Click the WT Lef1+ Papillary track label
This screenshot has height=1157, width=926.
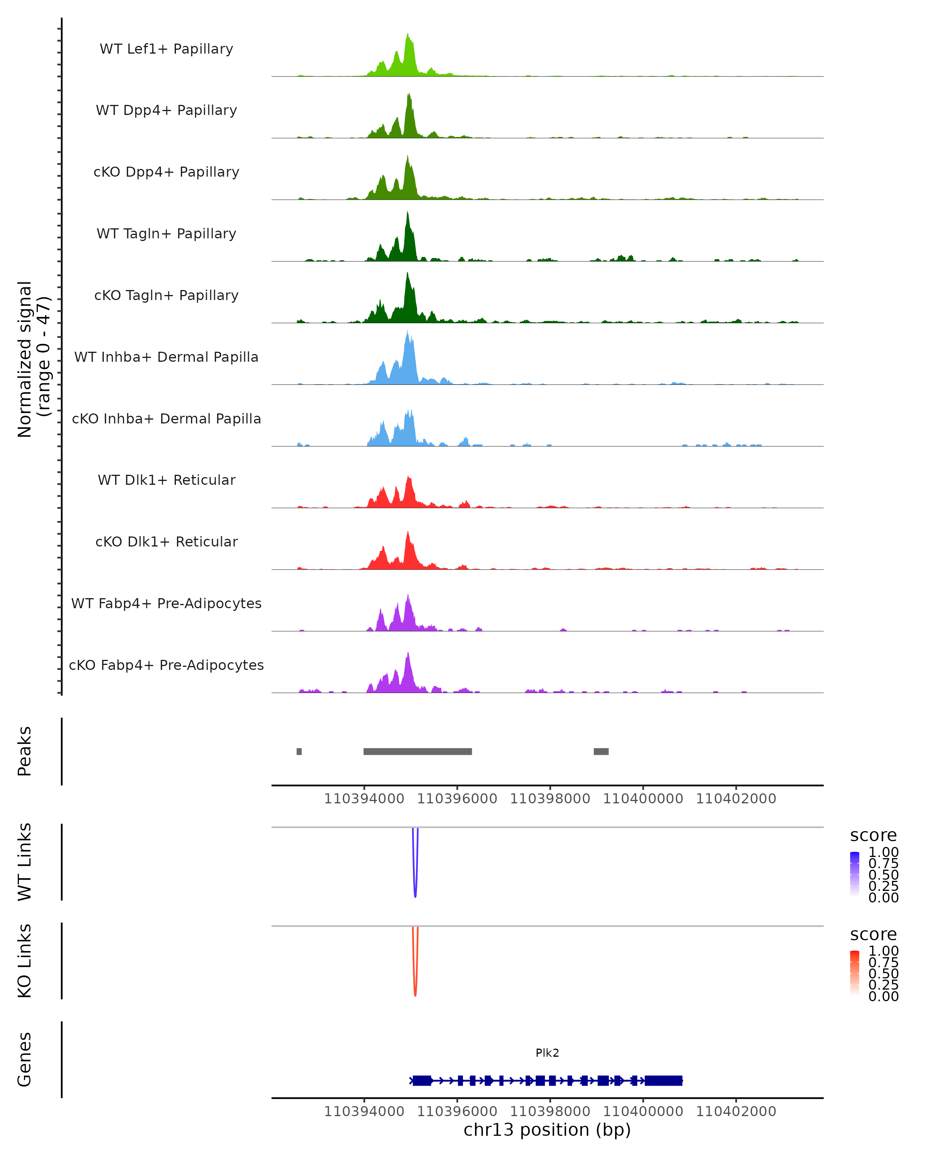[166, 49]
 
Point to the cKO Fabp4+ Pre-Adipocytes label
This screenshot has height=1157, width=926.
[166, 665]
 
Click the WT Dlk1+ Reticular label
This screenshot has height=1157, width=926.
[166, 480]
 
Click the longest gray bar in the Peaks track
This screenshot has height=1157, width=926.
[417, 751]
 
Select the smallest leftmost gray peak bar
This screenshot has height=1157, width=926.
[299, 751]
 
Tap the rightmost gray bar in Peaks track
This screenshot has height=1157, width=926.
[601, 751]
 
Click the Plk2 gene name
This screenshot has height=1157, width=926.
[547, 1053]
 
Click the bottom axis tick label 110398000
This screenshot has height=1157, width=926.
[550, 1111]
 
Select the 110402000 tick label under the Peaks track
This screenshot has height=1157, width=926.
[735, 799]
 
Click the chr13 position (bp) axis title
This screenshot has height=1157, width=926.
[547, 1130]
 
